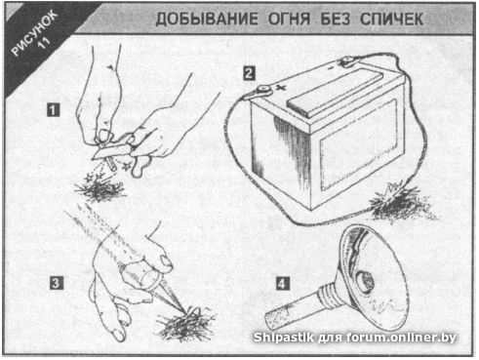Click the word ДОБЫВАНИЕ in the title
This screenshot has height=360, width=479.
(207, 20)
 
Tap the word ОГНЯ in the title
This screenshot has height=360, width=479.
(289, 20)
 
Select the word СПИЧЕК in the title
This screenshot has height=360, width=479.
(391, 20)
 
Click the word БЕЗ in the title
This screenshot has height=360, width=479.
(336, 20)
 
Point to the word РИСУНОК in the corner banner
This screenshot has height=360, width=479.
(34, 32)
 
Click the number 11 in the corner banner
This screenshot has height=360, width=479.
(44, 43)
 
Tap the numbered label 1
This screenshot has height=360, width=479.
(54, 110)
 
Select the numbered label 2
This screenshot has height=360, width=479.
(249, 73)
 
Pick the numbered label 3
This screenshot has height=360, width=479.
(56, 283)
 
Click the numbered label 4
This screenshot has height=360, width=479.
(282, 283)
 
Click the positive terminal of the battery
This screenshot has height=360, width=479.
(263, 91)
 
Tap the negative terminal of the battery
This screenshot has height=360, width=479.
(347, 61)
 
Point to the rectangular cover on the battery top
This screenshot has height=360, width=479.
(335, 92)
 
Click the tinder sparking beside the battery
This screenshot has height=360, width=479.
(400, 202)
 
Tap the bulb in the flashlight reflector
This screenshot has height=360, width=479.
(364, 282)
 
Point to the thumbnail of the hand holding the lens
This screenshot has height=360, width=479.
(166, 262)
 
